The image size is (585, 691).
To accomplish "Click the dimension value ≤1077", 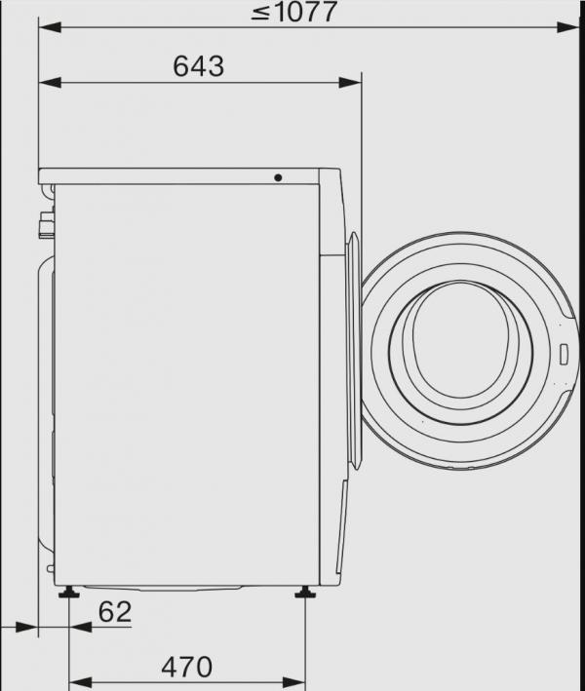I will coord(293,12).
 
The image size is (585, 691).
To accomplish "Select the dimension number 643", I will coord(198,66).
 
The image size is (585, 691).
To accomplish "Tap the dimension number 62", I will coord(114,612).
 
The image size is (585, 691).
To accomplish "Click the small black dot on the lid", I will coord(278,178).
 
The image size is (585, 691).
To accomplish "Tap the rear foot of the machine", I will coord(71,593).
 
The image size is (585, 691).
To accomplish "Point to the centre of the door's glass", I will coord(460,341).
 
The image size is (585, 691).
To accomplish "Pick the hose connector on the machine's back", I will coord(43,226).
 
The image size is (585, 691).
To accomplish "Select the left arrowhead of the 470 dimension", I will coord(78,679).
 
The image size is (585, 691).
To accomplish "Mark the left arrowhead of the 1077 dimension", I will coord(47,29).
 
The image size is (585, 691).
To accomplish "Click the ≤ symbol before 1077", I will coord(258,13).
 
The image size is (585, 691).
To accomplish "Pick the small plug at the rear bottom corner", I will coord(50,567).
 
